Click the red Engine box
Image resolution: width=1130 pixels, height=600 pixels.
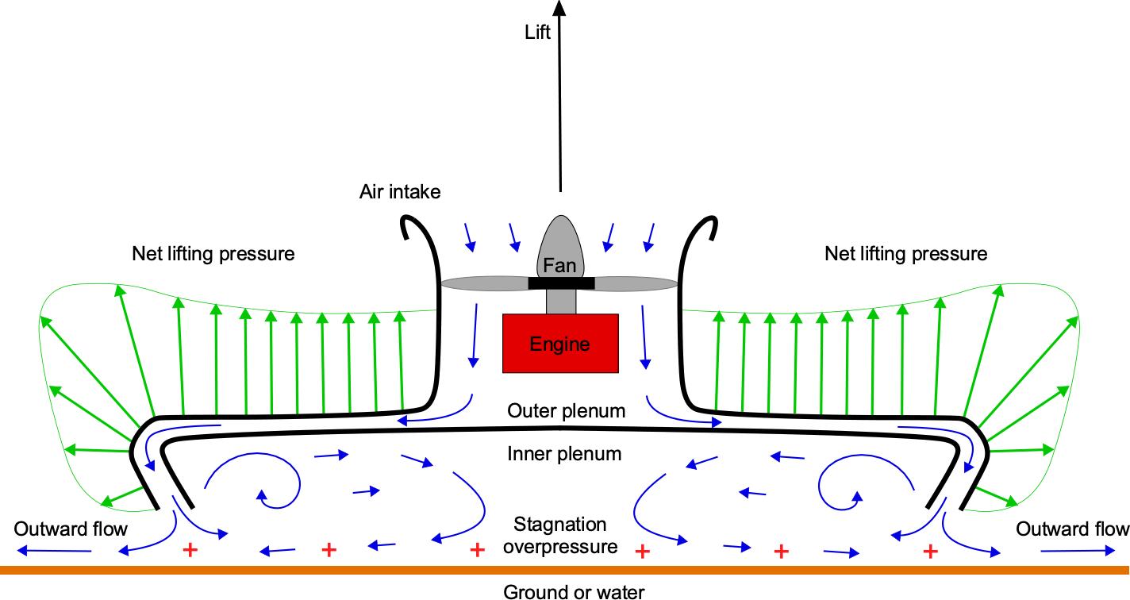click(x=560, y=343)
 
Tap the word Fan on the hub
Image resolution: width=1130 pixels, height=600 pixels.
click(x=559, y=265)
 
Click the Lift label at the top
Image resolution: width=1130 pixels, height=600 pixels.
click(x=537, y=33)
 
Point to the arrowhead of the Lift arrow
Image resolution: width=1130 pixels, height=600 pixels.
click(x=560, y=7)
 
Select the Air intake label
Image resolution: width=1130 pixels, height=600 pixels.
click(x=400, y=191)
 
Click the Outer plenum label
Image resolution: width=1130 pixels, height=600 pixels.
click(x=566, y=411)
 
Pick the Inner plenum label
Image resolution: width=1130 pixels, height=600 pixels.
click(x=564, y=454)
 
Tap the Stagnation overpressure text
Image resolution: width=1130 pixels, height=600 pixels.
click(x=560, y=535)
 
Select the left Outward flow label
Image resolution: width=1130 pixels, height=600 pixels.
click(x=71, y=529)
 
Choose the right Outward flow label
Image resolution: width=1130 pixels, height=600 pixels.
click(x=1072, y=529)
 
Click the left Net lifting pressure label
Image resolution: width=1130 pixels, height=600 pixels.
click(x=213, y=254)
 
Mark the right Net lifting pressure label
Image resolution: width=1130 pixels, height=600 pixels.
click(x=906, y=254)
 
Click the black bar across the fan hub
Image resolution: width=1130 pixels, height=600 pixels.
click(x=561, y=283)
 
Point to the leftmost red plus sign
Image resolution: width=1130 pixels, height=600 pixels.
click(x=190, y=549)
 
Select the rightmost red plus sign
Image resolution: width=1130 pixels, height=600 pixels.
click(x=929, y=549)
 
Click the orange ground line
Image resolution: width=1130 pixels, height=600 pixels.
click(x=565, y=570)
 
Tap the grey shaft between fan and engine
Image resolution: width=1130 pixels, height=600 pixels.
click(x=560, y=301)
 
